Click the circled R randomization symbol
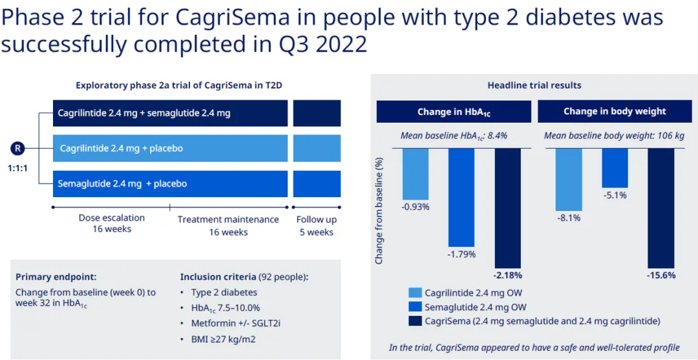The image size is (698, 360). tap(19, 148)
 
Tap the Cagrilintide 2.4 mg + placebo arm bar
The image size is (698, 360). tap(170, 148)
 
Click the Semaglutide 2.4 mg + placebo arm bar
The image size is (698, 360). tap(170, 184)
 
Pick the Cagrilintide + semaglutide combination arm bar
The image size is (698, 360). tap(170, 113)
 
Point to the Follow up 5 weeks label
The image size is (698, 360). tap(316, 226)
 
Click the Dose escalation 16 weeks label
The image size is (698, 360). tap(112, 223)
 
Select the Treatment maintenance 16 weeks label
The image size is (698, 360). tap(228, 226)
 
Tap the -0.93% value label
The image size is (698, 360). tap(416, 207)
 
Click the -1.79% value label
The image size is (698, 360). tap(461, 254)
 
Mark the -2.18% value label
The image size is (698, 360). tap(507, 275)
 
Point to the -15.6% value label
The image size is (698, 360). tap(661, 275)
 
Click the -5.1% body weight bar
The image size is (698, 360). tap(615, 168)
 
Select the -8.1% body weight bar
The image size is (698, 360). tap(569, 179)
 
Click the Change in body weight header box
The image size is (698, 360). tap(615, 112)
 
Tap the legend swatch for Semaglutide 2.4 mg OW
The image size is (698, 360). tap(415, 307)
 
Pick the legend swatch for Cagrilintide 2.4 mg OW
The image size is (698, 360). tap(415, 293)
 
